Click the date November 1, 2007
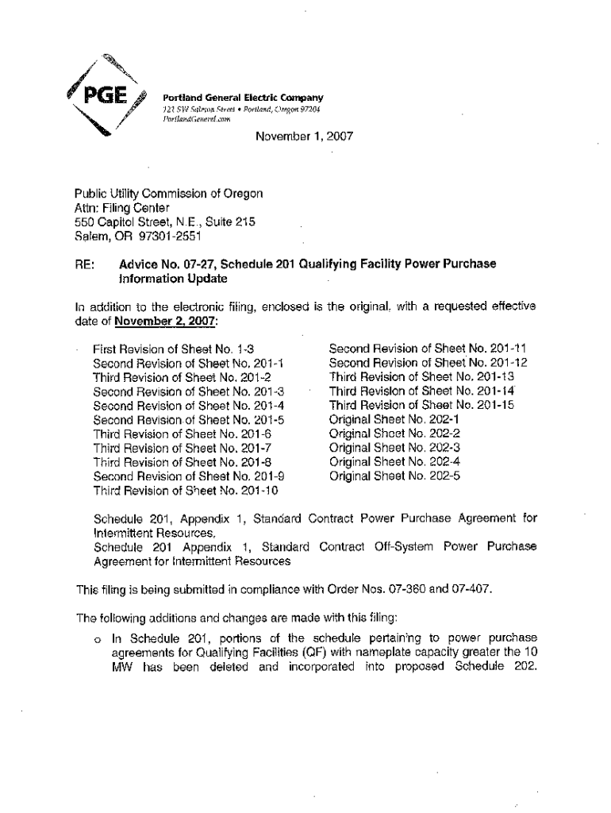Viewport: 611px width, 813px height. (x=303, y=137)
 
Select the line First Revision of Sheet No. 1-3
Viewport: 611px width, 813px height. (x=172, y=349)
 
